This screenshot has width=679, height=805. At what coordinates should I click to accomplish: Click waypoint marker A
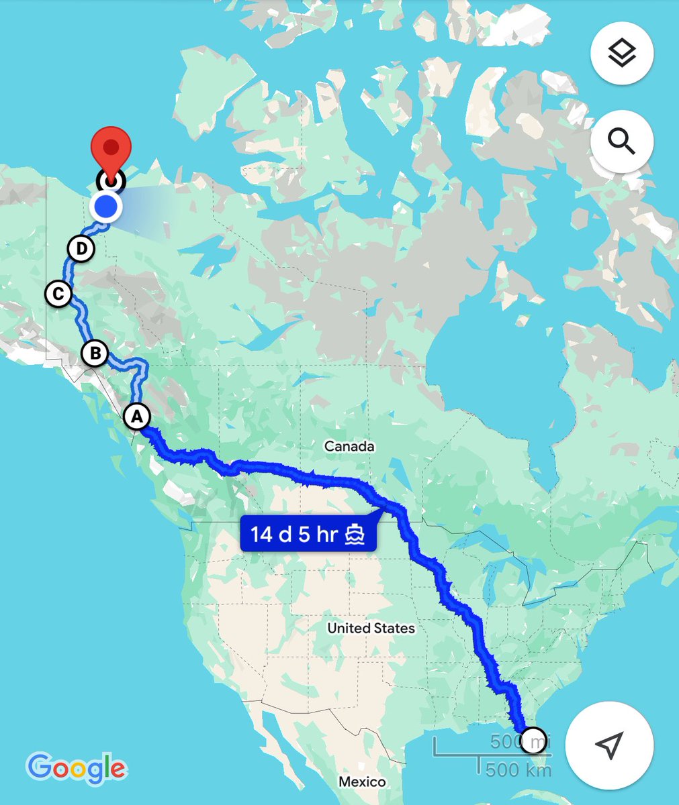pyautogui.click(x=136, y=416)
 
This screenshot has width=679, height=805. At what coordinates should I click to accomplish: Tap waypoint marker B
pyautogui.click(x=95, y=353)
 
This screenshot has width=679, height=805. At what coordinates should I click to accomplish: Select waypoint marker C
pyautogui.click(x=59, y=294)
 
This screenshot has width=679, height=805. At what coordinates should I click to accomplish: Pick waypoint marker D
pyautogui.click(x=81, y=249)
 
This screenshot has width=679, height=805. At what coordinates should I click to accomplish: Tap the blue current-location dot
pyautogui.click(x=105, y=207)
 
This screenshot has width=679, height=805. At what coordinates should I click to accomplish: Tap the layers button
pyautogui.click(x=622, y=53)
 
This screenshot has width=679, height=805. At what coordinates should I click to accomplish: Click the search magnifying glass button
pyautogui.click(x=622, y=142)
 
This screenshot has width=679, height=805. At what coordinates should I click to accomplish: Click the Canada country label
pyautogui.click(x=349, y=446)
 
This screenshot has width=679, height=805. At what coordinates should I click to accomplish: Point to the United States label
pyautogui.click(x=371, y=628)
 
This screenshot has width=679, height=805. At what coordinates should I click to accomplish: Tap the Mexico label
pyautogui.click(x=362, y=782)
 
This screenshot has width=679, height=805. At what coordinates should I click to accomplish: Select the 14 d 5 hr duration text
pyautogui.click(x=293, y=535)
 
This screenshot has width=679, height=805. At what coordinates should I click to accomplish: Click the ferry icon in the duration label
pyautogui.click(x=355, y=535)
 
